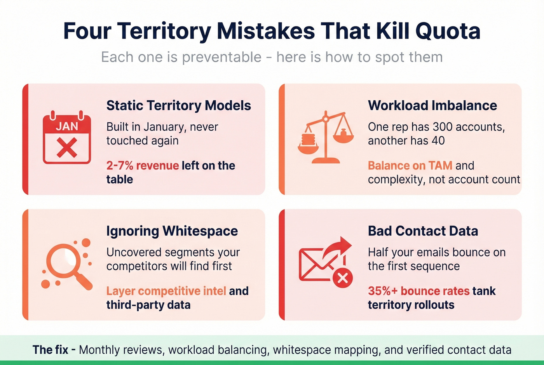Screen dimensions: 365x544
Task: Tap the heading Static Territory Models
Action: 179,105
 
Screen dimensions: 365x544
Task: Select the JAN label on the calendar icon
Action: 67,126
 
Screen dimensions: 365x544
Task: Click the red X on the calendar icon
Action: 67,148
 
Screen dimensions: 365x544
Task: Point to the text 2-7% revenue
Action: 142,166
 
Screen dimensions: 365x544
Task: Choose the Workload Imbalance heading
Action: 432,105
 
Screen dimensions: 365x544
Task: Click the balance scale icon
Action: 326,138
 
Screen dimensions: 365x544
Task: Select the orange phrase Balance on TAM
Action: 410,166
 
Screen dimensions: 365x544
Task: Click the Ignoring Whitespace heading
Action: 172,231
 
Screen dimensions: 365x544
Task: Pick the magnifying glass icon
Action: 66,264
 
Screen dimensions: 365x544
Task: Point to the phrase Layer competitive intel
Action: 166,291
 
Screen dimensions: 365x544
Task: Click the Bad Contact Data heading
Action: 423,231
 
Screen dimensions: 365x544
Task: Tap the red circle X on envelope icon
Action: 342,278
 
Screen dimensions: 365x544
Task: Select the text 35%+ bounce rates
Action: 418,291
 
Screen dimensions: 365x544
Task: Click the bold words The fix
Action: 50,350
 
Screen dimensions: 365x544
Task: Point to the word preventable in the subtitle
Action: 221,57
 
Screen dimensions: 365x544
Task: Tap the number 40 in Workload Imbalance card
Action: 438,141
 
